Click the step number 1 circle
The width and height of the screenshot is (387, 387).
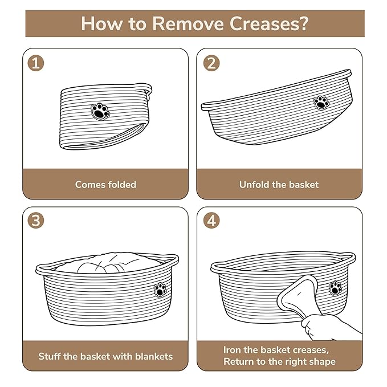[x=36, y=63]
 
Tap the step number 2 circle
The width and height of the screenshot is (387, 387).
[x=211, y=63]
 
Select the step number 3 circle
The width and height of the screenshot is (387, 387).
[x=36, y=220]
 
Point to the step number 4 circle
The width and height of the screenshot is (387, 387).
[x=211, y=220]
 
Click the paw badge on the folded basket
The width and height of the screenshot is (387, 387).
[x=100, y=112]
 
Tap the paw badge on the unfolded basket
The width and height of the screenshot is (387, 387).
[x=321, y=103]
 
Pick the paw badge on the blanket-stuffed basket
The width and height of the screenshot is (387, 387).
[x=160, y=290]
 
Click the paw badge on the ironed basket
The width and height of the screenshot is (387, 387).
[x=335, y=288]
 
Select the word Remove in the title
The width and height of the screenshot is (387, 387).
[x=188, y=24]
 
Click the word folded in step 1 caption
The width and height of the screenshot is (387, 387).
[x=122, y=184]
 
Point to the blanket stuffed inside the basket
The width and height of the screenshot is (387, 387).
[x=106, y=263]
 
